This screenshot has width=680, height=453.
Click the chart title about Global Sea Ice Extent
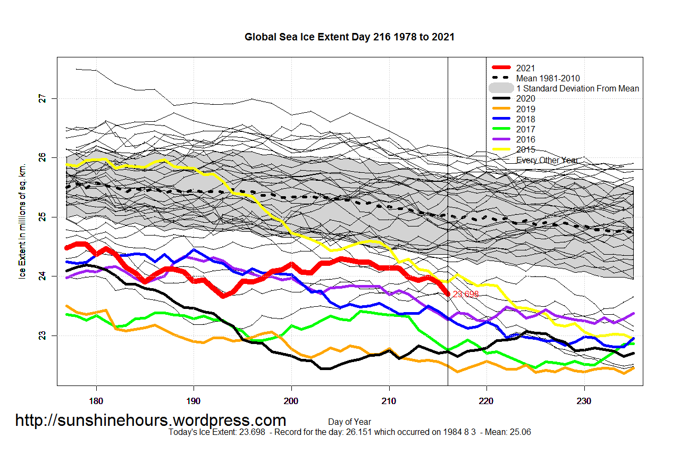coord(349,37)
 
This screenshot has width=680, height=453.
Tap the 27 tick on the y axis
coord(43,98)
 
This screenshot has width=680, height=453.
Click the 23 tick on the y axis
coord(43,335)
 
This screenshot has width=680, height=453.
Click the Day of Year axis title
coord(349,422)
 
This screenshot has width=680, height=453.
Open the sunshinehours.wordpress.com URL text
coord(150,421)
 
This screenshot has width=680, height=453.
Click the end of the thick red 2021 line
coord(447,293)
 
